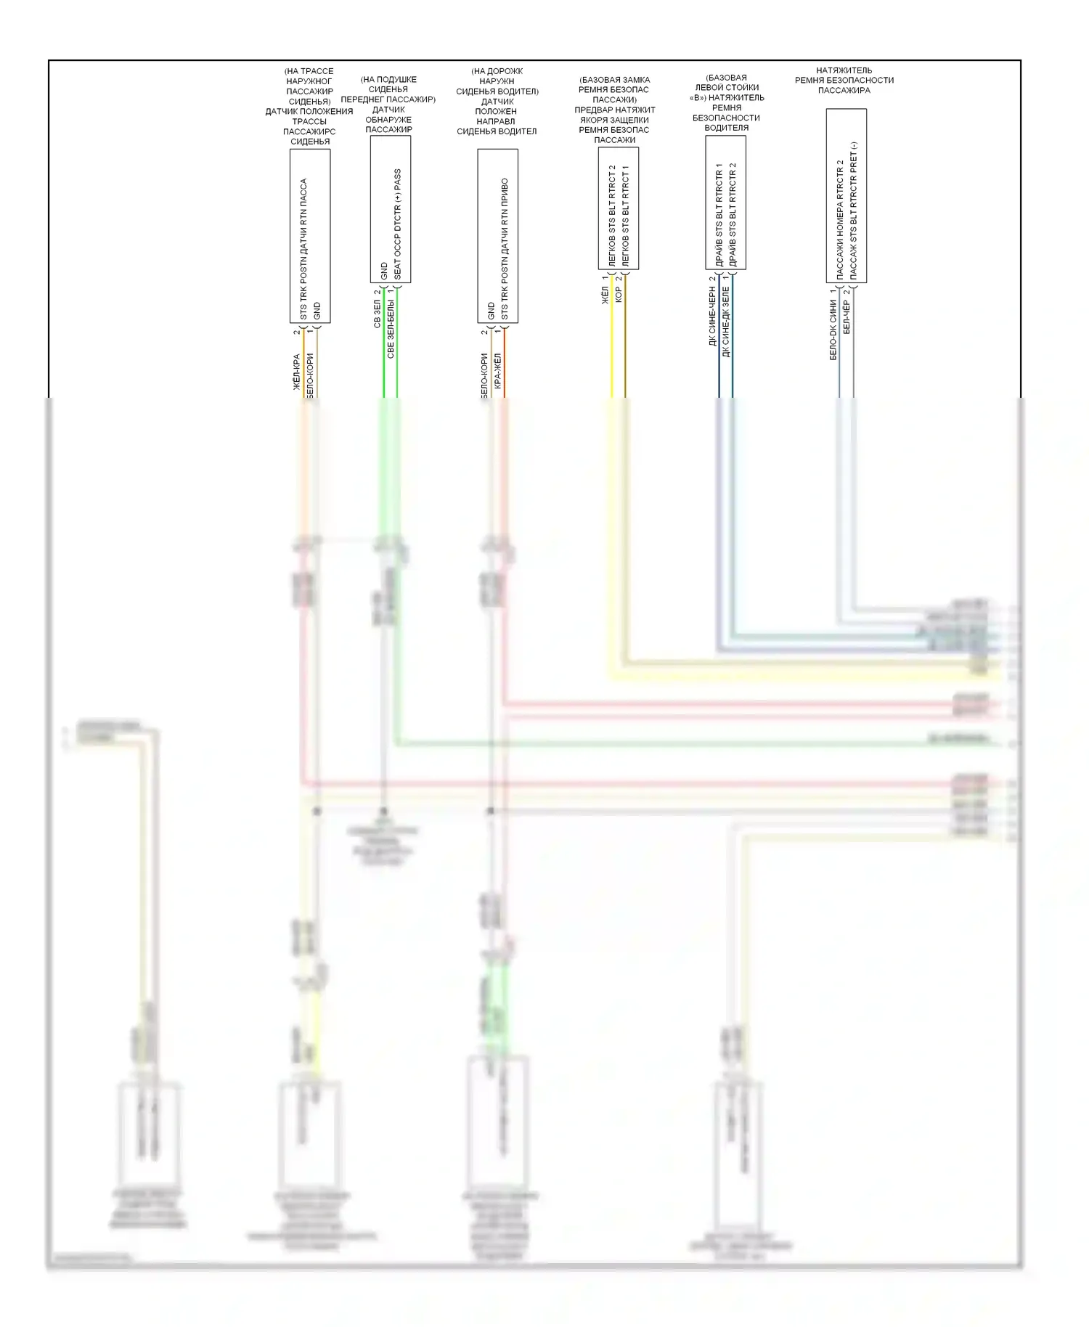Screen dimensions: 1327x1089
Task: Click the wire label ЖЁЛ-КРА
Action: [x=297, y=372]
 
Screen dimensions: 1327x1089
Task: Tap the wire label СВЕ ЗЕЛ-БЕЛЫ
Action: [x=391, y=328]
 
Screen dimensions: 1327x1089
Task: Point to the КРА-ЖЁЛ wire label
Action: [x=498, y=371]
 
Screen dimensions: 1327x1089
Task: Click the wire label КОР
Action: [x=619, y=294]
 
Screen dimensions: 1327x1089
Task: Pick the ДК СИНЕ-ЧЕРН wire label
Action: [x=712, y=315]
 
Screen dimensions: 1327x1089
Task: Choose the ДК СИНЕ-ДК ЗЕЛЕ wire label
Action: [x=726, y=321]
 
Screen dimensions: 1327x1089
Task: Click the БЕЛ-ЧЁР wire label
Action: [x=847, y=317]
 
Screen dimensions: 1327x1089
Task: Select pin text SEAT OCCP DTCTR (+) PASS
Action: [x=397, y=224]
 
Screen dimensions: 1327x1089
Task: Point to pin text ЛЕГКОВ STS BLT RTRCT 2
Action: [x=612, y=216]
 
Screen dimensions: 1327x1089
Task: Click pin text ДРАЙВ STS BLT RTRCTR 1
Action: [x=719, y=214]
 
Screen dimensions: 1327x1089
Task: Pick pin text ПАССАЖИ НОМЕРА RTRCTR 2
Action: [x=840, y=219]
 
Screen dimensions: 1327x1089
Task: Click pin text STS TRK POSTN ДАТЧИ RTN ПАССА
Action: [x=303, y=249]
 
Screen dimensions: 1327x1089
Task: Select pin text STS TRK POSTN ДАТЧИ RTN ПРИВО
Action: [x=505, y=249]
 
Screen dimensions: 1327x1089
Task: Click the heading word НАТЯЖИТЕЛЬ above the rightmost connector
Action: [x=844, y=70]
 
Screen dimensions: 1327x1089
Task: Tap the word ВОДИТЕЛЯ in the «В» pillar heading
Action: [x=726, y=128]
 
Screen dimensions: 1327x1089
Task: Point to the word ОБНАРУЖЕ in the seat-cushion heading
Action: [x=388, y=120]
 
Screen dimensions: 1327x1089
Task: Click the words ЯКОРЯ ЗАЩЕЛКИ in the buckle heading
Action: [x=614, y=120]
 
